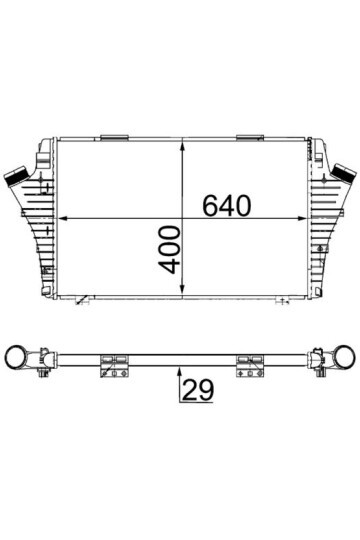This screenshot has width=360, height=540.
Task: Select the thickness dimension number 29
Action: click(x=201, y=390)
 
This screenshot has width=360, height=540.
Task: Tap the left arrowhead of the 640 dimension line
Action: click(x=60, y=219)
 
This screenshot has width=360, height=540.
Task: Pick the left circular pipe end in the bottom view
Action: click(x=18, y=356)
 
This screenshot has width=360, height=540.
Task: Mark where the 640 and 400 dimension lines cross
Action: click(x=182, y=219)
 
